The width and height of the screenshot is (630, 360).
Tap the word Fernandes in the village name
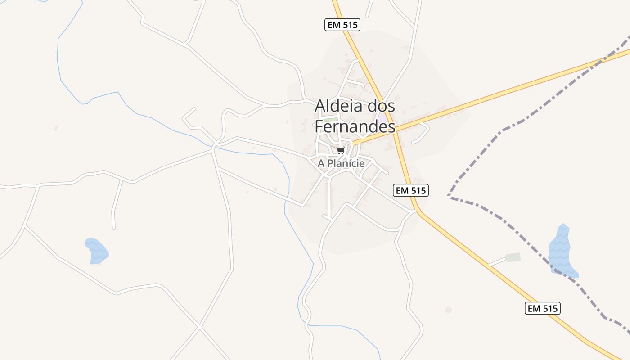(x=355, y=127)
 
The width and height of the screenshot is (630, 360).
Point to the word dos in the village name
(x=380, y=106)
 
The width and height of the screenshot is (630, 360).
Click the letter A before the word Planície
(x=321, y=163)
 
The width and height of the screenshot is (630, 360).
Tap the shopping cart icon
(x=341, y=150)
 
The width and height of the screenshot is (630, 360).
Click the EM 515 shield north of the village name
(x=342, y=25)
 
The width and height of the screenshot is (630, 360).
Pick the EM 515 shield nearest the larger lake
(x=542, y=308)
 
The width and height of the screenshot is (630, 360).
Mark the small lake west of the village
(x=96, y=251)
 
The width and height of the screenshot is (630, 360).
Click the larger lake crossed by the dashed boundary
(x=561, y=252)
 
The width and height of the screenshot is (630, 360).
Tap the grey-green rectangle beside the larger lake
(x=513, y=257)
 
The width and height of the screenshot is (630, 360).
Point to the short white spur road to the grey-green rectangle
(x=497, y=261)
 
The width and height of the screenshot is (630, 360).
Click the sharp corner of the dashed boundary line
(x=449, y=195)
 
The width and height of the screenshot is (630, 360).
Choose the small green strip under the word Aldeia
(x=330, y=120)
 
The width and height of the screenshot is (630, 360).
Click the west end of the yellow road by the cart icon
(x=354, y=144)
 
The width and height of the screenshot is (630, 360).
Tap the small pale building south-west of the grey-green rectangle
(x=448, y=310)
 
